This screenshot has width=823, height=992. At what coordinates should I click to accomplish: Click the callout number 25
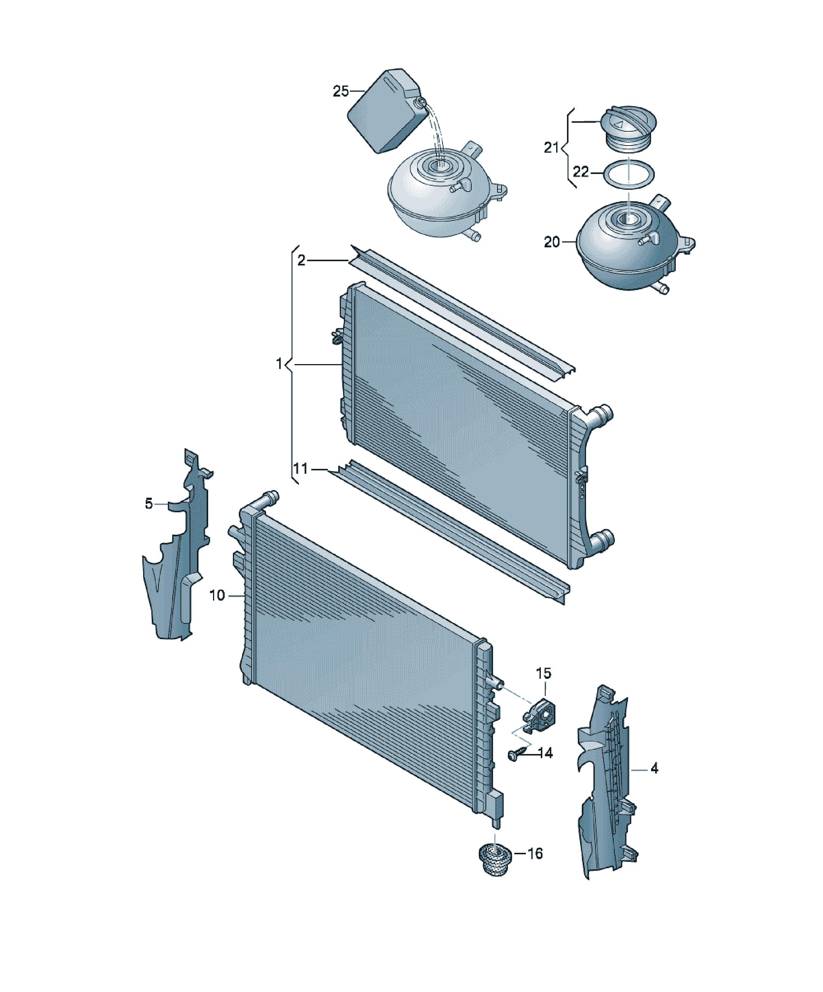pyautogui.click(x=341, y=91)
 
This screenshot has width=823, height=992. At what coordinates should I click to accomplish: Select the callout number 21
pyautogui.click(x=552, y=148)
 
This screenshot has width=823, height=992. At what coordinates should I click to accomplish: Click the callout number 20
pyautogui.click(x=552, y=242)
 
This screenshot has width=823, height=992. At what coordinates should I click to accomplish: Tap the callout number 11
pyautogui.click(x=300, y=468)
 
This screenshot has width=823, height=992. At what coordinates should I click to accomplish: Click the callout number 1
pyautogui.click(x=279, y=364)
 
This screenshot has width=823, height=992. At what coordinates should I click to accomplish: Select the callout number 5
pyautogui.click(x=149, y=504)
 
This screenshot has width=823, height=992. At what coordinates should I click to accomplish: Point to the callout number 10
pyautogui.click(x=217, y=596)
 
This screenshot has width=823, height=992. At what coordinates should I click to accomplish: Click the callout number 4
pyautogui.click(x=654, y=769)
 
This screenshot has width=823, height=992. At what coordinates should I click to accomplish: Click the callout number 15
pyautogui.click(x=543, y=673)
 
